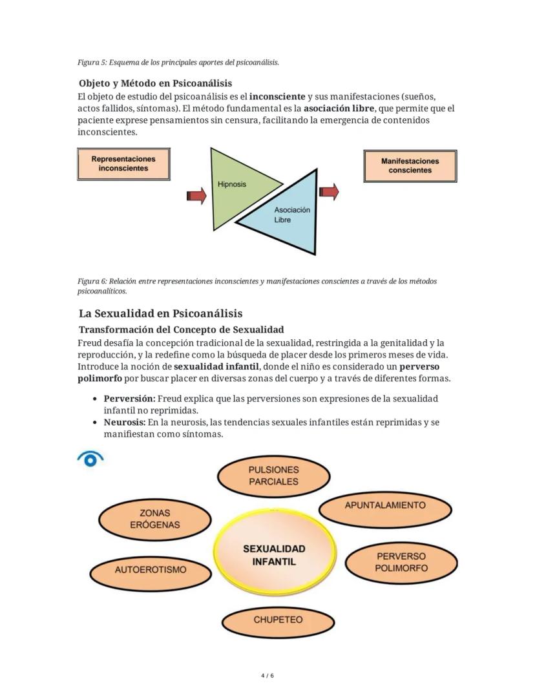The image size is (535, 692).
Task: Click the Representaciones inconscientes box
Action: [123, 163]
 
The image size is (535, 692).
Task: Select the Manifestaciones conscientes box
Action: [410, 166]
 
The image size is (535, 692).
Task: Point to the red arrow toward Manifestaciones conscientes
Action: [329, 191]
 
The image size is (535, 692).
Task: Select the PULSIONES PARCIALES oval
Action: [273, 476]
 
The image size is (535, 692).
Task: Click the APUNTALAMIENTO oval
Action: [385, 506]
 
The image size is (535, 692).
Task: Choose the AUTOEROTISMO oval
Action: [151, 570]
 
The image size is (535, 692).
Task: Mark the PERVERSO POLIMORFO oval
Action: [401, 562]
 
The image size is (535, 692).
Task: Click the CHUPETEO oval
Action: [278, 620]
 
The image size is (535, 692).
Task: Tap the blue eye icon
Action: [90, 459]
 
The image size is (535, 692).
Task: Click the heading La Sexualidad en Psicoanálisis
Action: [160, 313]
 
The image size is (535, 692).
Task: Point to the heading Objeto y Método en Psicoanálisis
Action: [155, 83]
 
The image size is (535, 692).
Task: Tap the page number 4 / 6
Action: [267, 676]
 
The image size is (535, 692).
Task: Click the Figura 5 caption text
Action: [178, 63]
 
